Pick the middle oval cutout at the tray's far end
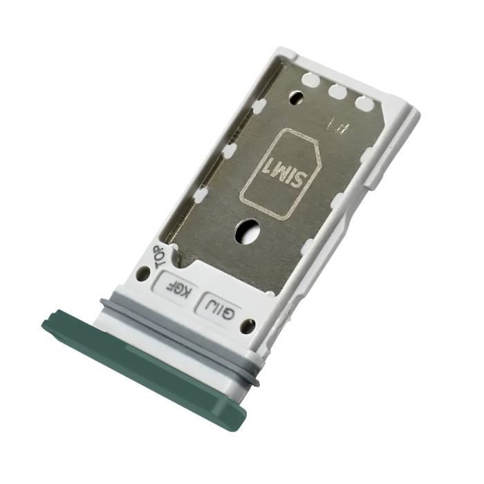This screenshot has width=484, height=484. pyautogui.click(x=337, y=91)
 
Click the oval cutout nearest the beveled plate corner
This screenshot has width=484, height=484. pyautogui.click(x=364, y=104)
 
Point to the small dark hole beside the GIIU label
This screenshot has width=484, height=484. pyautogui.click(x=245, y=326)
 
